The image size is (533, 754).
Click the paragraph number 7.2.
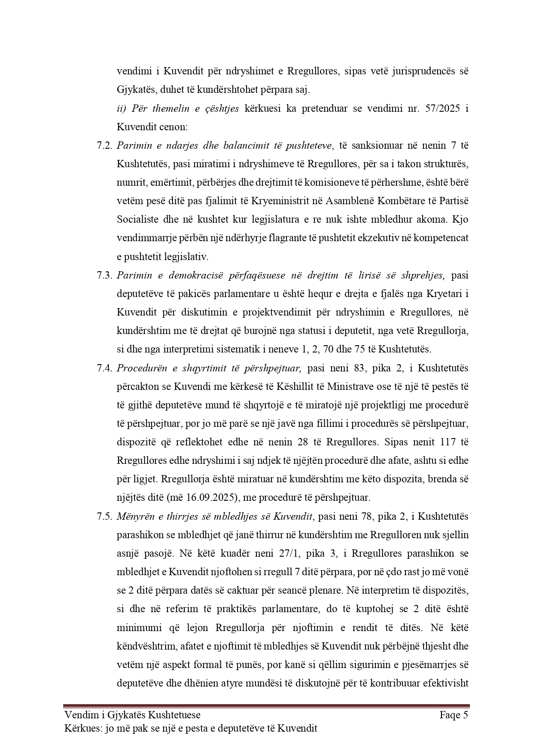[105, 145]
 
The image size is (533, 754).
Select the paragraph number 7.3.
[105, 275]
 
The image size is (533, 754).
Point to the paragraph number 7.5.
[105, 516]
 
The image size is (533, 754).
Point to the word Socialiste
[137, 219]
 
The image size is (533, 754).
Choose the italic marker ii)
[122, 108]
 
